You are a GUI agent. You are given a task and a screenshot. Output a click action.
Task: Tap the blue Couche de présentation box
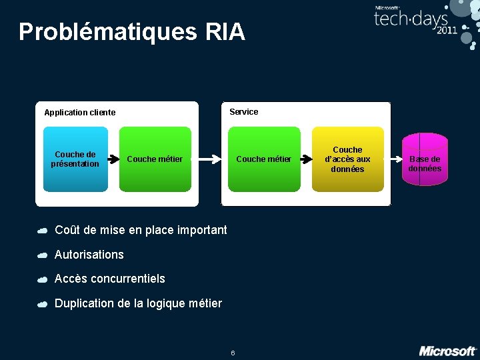point(75,159)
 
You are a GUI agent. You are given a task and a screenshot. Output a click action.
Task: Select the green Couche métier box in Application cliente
point(155,159)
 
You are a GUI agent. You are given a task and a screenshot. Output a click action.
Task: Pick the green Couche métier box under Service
point(264,159)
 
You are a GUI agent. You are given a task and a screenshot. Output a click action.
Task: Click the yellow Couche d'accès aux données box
point(347,159)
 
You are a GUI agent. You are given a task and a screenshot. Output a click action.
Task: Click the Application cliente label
point(79,113)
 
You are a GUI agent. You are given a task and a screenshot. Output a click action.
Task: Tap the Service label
point(243,112)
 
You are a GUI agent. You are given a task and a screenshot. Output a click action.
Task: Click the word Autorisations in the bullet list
point(89,255)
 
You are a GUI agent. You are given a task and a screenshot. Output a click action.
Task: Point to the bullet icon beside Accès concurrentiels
point(42,279)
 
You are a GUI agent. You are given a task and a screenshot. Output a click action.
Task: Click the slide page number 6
point(233,353)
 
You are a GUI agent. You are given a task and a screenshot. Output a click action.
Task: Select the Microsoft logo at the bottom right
point(447,351)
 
